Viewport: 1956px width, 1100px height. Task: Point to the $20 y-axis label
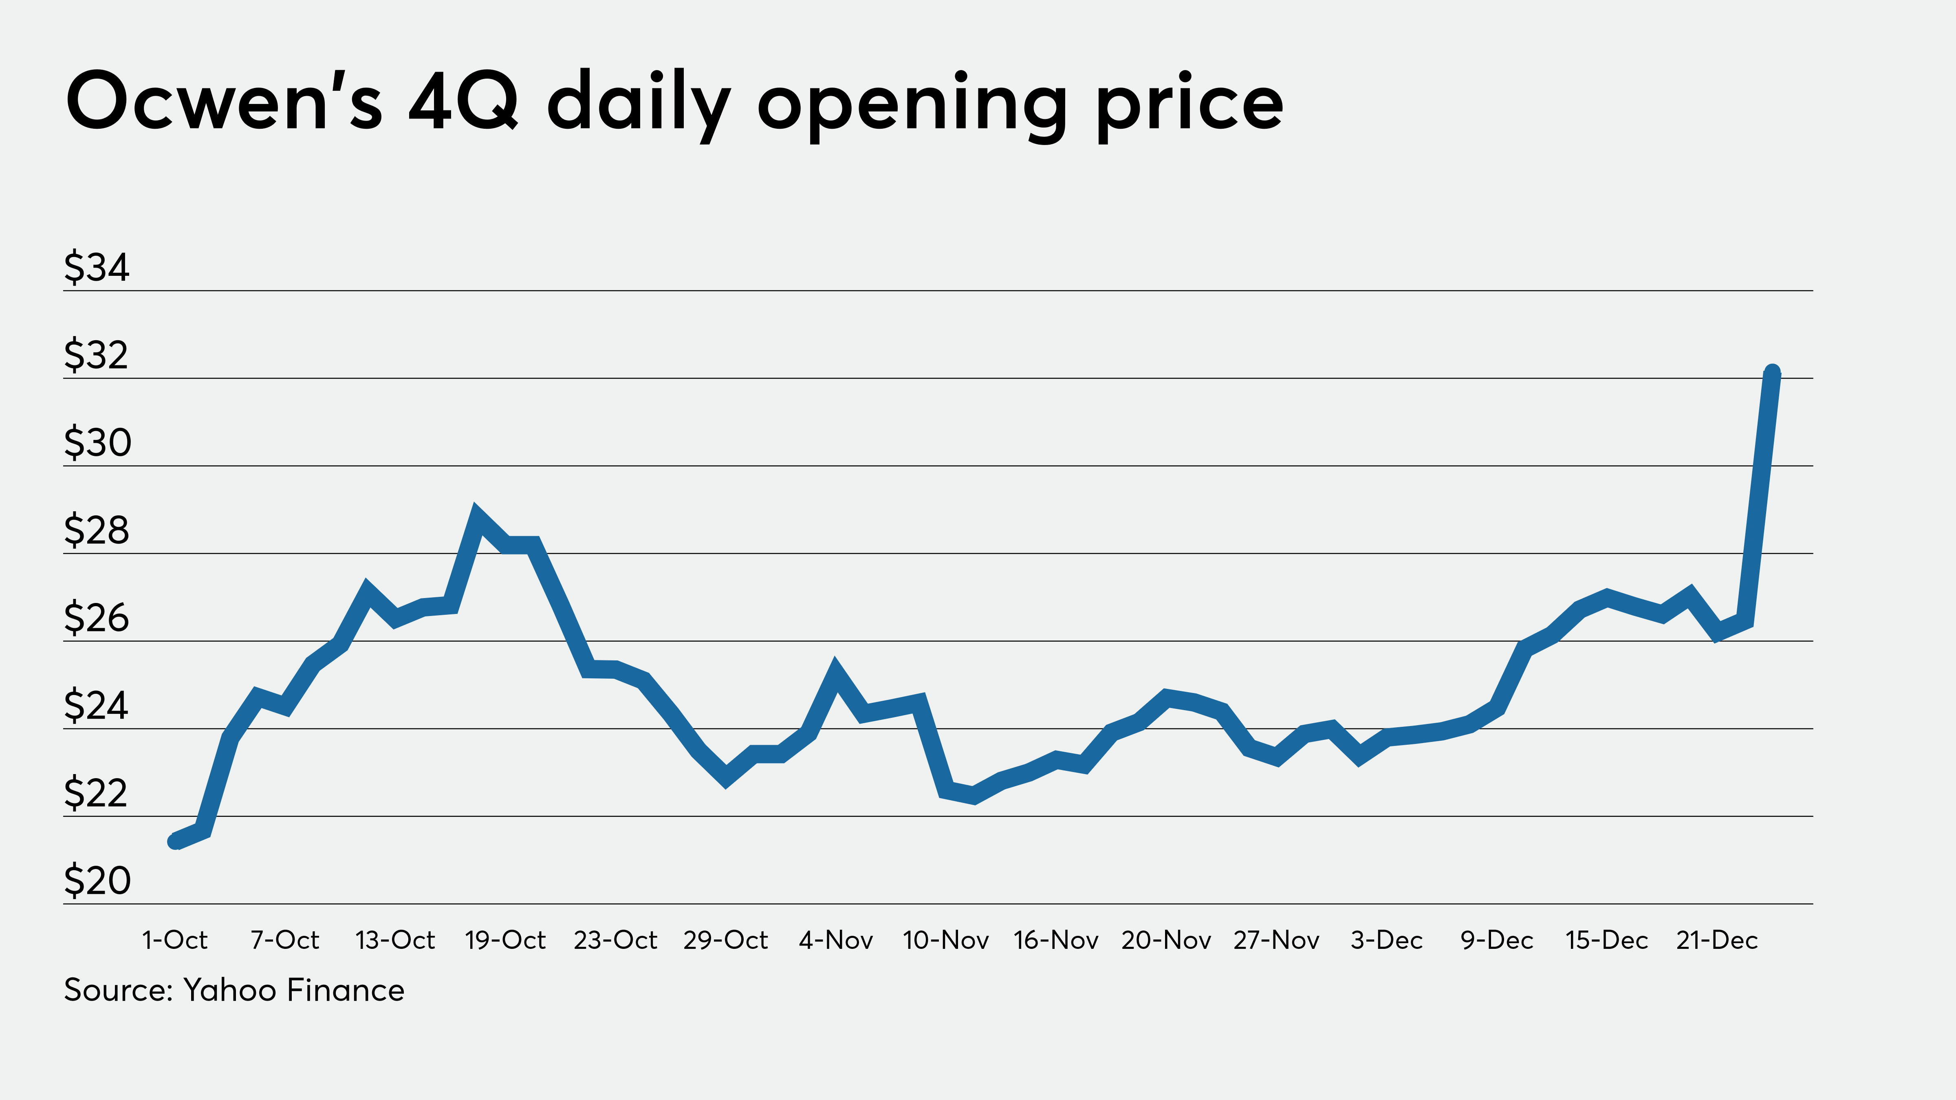point(97,880)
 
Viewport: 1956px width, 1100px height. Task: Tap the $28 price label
point(97,530)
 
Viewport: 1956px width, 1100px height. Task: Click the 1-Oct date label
point(175,941)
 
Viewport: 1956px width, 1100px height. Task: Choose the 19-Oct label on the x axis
point(505,941)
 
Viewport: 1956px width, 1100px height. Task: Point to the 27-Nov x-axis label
point(1276,941)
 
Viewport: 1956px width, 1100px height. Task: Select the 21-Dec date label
point(1717,941)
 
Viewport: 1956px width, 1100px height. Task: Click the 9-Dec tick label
point(1497,941)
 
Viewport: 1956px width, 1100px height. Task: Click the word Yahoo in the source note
point(230,991)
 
